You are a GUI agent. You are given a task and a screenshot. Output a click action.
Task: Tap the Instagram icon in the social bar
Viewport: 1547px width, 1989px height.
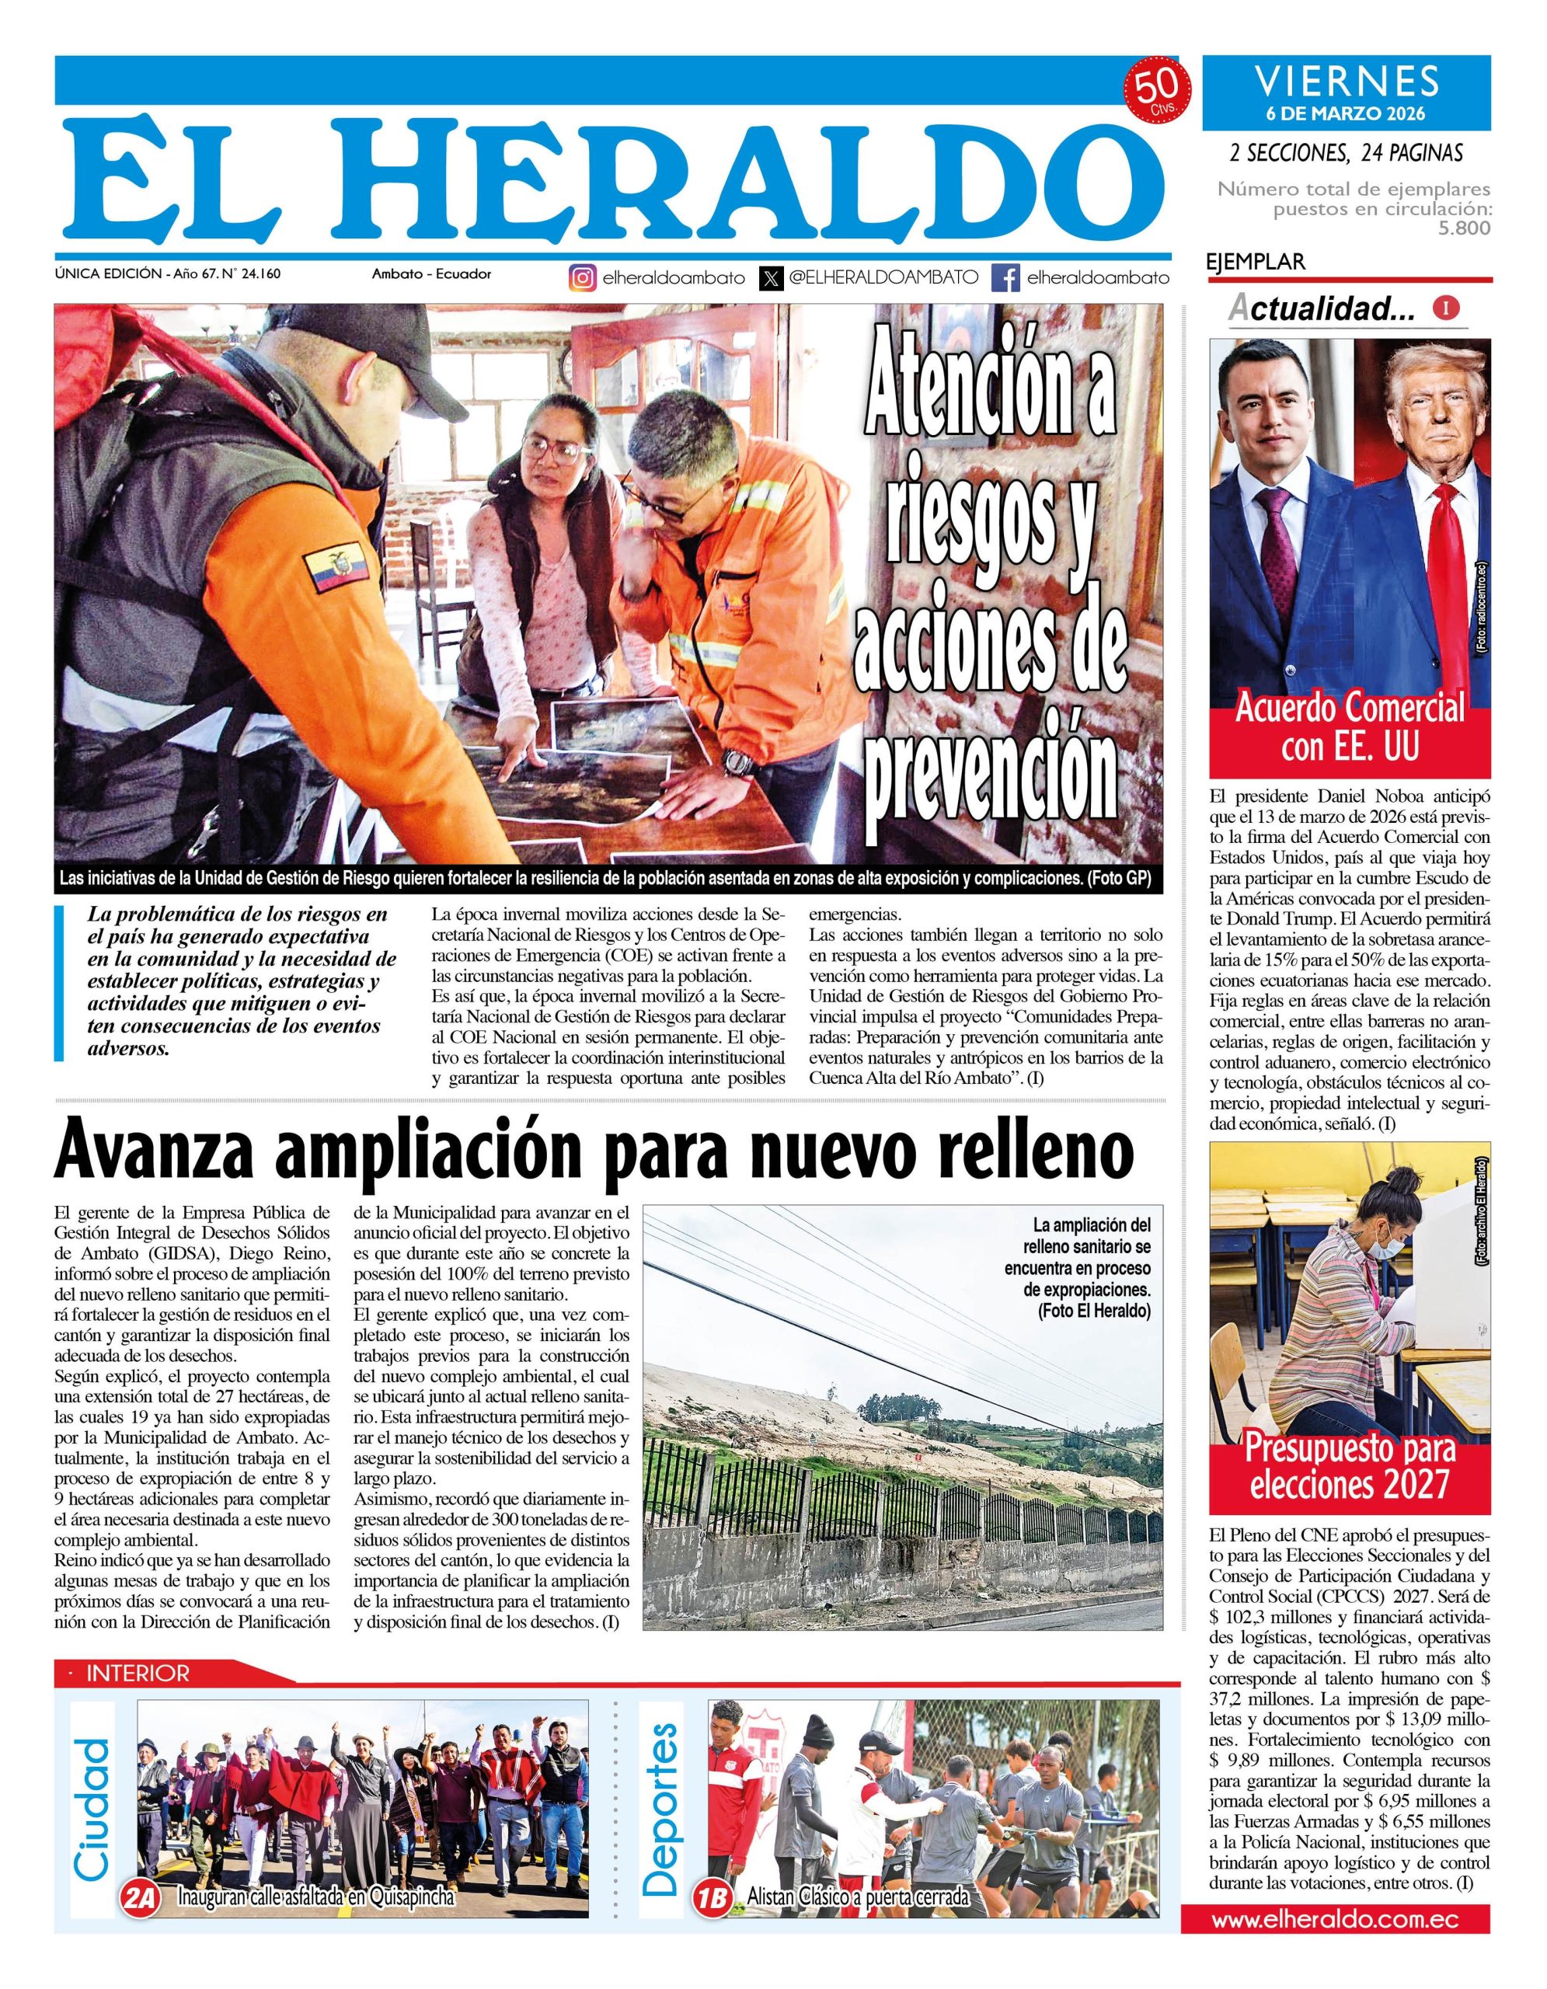pos(583,277)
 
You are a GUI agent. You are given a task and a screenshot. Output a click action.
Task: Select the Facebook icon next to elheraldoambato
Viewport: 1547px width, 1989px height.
pos(1005,277)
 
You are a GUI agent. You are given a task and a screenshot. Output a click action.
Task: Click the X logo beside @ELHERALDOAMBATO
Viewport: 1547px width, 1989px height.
pos(772,277)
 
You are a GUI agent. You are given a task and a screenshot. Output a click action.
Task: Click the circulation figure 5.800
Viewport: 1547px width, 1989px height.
pos(1464,228)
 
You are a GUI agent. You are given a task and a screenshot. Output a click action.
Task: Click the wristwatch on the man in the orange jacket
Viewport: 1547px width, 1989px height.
pos(737,761)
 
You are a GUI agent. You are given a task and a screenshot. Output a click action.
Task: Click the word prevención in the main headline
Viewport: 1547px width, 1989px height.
pos(995,774)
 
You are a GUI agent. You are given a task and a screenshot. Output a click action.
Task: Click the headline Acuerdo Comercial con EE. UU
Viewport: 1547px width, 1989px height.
pos(1350,726)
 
